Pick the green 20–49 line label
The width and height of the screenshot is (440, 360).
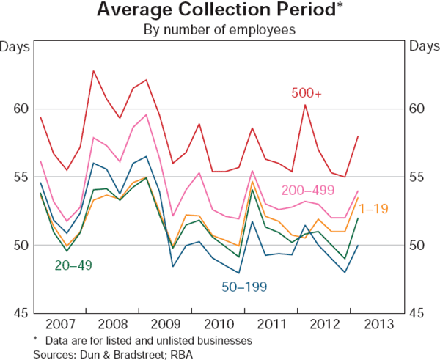tap(73, 265)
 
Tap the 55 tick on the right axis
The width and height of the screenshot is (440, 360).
tap(420, 177)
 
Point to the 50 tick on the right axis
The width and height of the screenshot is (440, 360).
tap(420, 245)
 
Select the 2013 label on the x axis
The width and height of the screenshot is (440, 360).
tap(377, 324)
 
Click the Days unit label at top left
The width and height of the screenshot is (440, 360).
tap(16, 47)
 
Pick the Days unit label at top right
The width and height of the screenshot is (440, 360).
tap(422, 47)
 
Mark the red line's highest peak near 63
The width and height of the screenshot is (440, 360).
tap(94, 70)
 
